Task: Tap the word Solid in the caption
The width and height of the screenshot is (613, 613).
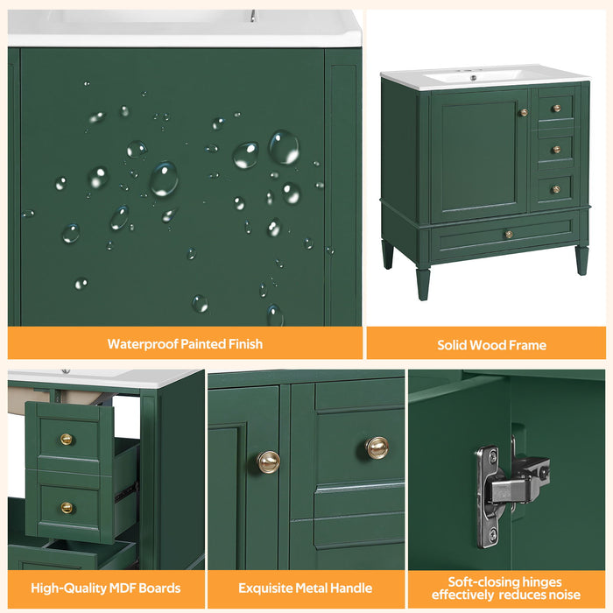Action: pyautogui.click(x=454, y=345)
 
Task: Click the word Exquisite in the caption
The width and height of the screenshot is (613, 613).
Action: pyautogui.click(x=269, y=588)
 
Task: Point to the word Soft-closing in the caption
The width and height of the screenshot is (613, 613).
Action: pyautogui.click(x=479, y=581)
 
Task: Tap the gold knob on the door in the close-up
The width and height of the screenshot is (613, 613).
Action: pyautogui.click(x=269, y=461)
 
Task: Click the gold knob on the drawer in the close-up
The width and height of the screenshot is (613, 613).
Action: pyautogui.click(x=377, y=447)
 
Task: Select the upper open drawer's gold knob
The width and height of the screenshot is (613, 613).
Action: pyautogui.click(x=67, y=440)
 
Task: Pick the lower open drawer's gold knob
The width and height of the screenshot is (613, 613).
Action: pyautogui.click(x=67, y=508)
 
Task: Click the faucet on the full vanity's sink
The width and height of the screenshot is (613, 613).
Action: pyautogui.click(x=475, y=77)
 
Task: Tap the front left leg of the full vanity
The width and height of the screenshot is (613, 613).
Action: pyautogui.click(x=423, y=282)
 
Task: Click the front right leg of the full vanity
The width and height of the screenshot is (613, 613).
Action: pyautogui.click(x=581, y=260)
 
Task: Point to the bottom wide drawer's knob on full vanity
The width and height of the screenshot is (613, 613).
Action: pyautogui.click(x=508, y=234)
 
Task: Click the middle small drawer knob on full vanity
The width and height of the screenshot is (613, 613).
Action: pyautogui.click(x=555, y=150)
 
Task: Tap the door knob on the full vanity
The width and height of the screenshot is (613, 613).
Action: pyautogui.click(x=524, y=112)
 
